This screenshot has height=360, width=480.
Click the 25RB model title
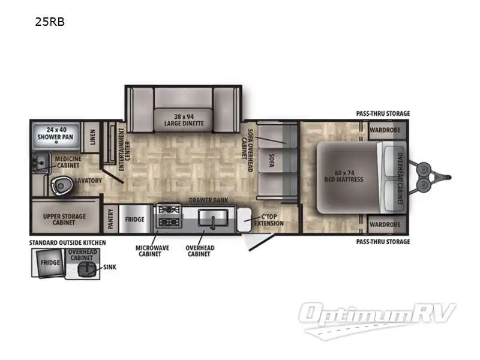pyautogui.click(x=50, y=23)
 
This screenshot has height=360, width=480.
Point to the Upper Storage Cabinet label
pyautogui.click(x=64, y=219)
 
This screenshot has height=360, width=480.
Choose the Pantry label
pyautogui.click(x=110, y=219)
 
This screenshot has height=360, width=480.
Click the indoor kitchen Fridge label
pyautogui.click(x=135, y=220)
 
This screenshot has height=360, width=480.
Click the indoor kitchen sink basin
pyautogui.click(x=211, y=217)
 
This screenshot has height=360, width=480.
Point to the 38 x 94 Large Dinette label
pyautogui.click(x=184, y=119)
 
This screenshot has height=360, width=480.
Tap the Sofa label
pyautogui.click(x=271, y=160)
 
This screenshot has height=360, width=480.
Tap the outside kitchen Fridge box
pyautogui.click(x=50, y=263)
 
